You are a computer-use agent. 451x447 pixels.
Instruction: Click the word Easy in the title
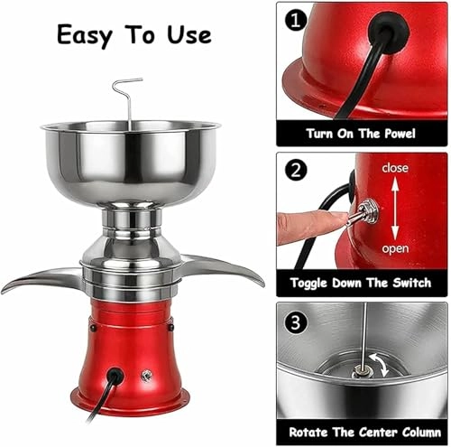tap(85, 35)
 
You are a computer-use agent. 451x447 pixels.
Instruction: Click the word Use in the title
tap(189, 34)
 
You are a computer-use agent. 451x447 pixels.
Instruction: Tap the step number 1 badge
tap(296, 20)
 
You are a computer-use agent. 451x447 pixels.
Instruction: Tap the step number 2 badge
tap(296, 170)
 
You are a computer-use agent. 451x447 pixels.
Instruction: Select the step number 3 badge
tap(296, 322)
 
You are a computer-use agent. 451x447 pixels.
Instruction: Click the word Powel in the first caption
tap(400, 134)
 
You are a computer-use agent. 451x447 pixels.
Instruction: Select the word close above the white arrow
tap(395, 168)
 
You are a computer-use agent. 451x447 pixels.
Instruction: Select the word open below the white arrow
tap(395, 249)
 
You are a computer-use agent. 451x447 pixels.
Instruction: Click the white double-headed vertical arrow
tap(395, 209)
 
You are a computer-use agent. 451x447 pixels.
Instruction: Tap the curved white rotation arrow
tap(380, 365)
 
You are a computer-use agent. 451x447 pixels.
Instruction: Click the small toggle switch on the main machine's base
tap(146, 376)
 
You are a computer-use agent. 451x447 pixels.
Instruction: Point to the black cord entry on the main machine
tap(115, 376)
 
